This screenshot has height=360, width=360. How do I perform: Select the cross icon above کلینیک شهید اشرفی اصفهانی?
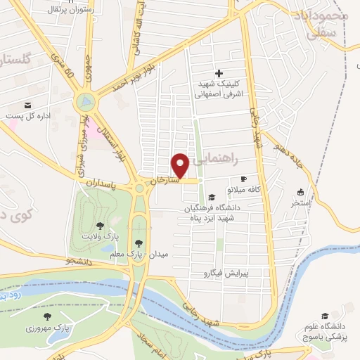click(x=219, y=73)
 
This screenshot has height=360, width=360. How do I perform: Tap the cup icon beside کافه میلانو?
click(x=243, y=179)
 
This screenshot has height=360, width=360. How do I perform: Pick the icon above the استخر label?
click(x=301, y=191)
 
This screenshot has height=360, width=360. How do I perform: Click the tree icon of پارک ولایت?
click(x=100, y=225)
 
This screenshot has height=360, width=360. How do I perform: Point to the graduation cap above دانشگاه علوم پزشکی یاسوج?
click(x=325, y=316)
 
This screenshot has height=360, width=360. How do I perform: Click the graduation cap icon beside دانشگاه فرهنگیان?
click(x=212, y=196)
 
